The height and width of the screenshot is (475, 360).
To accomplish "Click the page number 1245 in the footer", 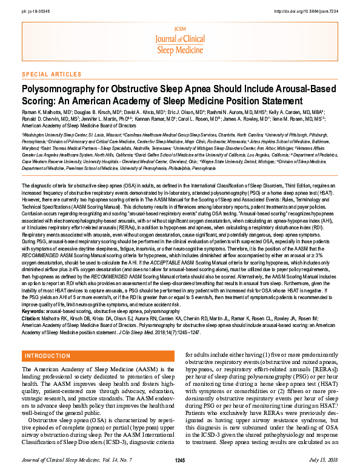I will pyautogui.click(x=179, y=462).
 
